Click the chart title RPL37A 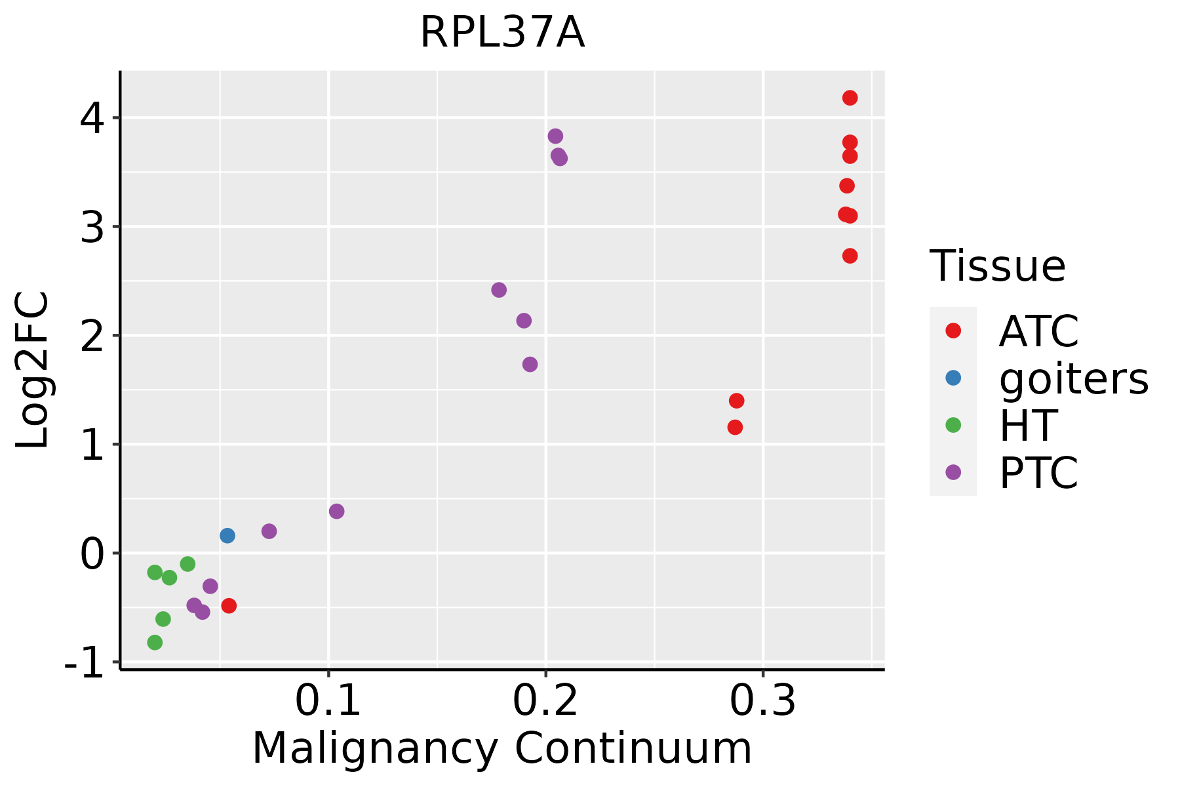pos(502,33)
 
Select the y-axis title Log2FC pos(33,371)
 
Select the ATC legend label pos(1038,331)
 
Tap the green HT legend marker pos(953,425)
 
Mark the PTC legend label pos(1038,473)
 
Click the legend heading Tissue pos(998,266)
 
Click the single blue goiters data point pos(227,536)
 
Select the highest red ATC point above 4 pos(850,98)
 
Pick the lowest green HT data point pos(155,642)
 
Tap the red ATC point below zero pos(229,605)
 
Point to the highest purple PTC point pos(555,136)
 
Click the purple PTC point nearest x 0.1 pos(336,511)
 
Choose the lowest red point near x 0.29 pos(735,427)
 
